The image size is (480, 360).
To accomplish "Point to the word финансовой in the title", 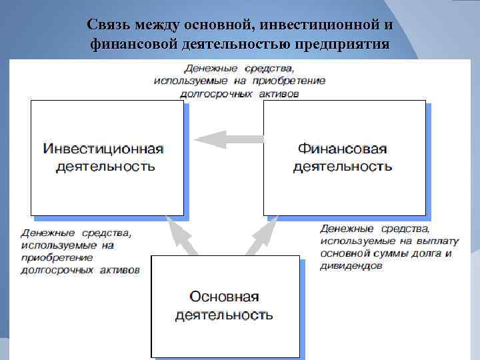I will [x=131, y=45].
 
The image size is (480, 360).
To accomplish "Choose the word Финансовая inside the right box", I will [x=342, y=149].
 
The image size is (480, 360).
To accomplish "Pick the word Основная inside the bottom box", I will [x=224, y=296].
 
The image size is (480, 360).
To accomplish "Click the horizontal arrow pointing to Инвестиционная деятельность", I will [x=221, y=139].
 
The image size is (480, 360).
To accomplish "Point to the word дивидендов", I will [x=352, y=266].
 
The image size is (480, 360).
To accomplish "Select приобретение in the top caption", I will [x=295, y=81].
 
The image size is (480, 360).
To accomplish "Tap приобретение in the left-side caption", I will [x=57, y=257].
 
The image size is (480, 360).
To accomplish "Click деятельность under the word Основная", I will [x=224, y=314].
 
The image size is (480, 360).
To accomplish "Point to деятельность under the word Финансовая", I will [x=342, y=166].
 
